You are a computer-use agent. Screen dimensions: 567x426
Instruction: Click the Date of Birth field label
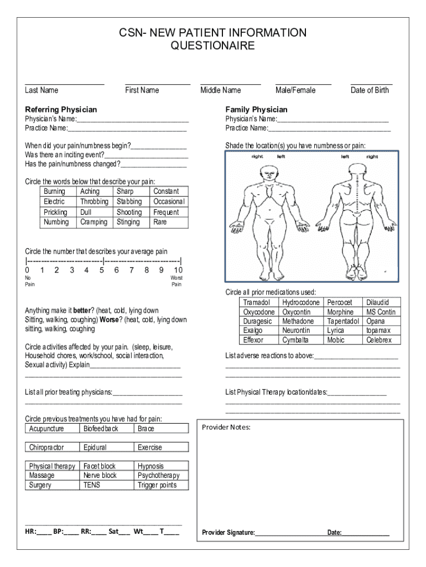370,90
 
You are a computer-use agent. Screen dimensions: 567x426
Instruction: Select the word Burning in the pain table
54,192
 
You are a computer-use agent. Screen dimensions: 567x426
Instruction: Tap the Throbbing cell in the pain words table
94,202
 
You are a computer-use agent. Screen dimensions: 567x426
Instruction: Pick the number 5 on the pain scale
101,270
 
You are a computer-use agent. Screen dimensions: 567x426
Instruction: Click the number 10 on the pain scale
178,270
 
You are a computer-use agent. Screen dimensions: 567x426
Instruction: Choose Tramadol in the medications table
256,303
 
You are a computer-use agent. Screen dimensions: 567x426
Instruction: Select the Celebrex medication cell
378,340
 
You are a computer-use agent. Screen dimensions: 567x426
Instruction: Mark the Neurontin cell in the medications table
297,331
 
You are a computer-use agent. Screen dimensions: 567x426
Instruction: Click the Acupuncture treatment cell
46,429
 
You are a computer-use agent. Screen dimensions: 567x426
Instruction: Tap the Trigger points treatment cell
157,485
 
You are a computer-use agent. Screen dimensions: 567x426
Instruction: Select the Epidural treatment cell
95,447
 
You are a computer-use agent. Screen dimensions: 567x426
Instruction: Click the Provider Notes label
226,427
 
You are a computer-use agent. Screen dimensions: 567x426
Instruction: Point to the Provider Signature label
228,533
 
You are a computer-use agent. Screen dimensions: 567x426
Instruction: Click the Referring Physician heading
61,110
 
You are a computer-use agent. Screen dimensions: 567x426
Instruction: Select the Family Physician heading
256,110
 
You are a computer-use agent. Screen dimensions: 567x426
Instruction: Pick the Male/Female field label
295,90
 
